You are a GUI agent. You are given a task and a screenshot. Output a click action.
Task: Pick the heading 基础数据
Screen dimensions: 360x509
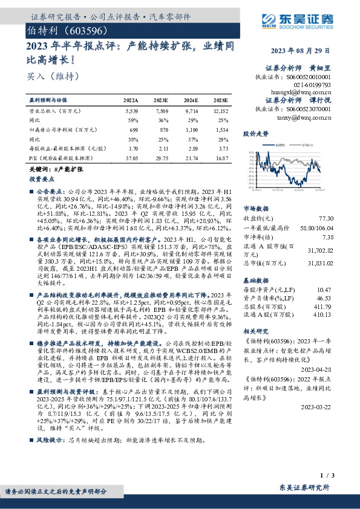pos(255,264)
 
